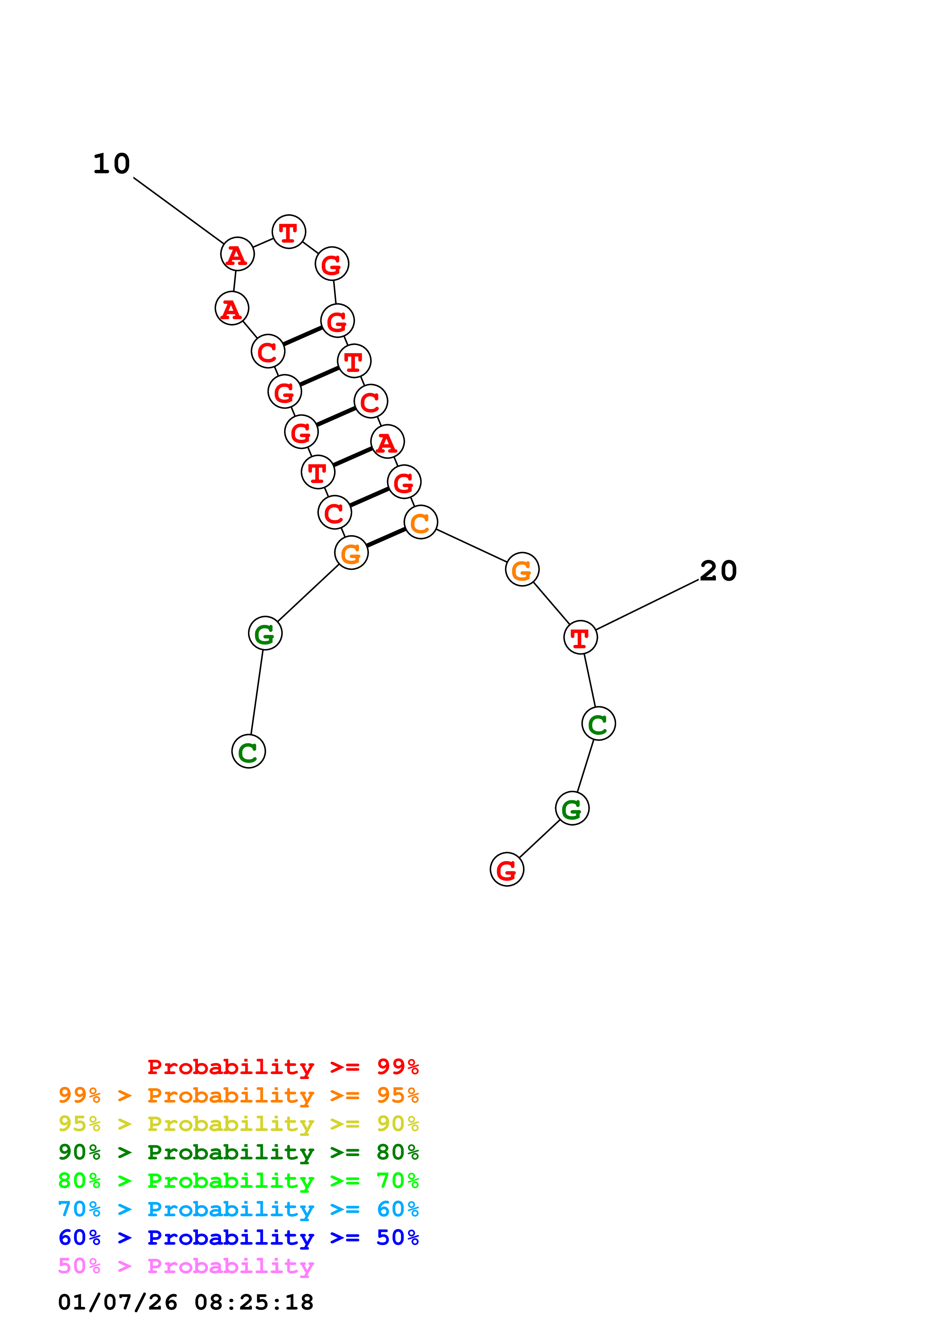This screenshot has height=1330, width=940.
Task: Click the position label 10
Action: (x=112, y=164)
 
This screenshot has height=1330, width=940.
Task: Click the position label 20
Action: (x=718, y=571)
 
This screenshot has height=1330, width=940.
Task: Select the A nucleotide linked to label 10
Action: (x=237, y=254)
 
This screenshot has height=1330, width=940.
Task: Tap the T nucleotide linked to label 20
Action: (x=580, y=638)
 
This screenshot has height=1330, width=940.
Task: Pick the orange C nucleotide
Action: (x=421, y=522)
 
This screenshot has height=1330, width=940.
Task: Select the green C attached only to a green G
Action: (x=248, y=752)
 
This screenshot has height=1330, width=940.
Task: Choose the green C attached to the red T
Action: (x=598, y=723)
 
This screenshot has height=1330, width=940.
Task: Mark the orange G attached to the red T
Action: (x=522, y=570)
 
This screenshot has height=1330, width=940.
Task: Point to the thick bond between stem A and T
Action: (x=353, y=457)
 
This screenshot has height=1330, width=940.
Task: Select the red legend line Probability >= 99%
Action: (x=282, y=1067)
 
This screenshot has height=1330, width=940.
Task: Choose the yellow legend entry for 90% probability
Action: (x=239, y=1124)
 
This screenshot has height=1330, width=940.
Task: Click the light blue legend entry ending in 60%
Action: (x=239, y=1209)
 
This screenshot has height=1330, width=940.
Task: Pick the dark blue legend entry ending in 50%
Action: (x=239, y=1237)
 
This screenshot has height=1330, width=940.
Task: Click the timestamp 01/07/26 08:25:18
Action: (x=186, y=1302)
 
